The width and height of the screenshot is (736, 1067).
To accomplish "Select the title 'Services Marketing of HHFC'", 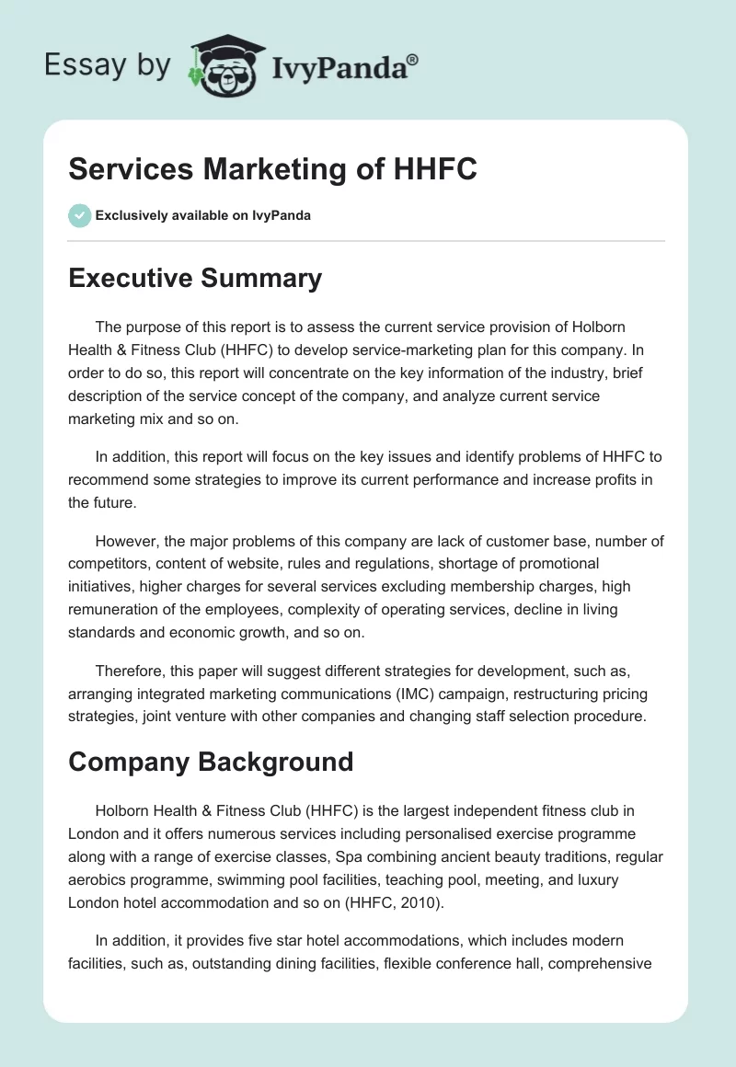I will tap(272, 169).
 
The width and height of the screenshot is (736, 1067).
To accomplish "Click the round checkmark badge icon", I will tap(79, 215).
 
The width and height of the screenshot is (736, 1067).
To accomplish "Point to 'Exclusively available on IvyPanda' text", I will tap(202, 216).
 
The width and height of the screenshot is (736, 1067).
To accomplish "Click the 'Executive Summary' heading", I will tap(195, 278).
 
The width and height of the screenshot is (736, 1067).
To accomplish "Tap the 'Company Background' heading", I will tap(211, 761).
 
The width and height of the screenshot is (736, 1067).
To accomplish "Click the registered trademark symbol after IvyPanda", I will tap(412, 59).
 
